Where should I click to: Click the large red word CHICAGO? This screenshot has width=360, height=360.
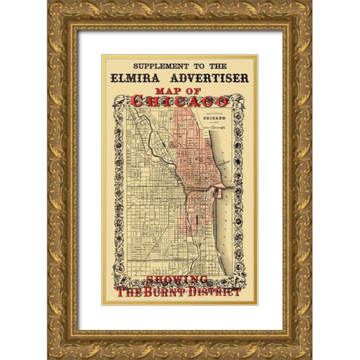(179, 101)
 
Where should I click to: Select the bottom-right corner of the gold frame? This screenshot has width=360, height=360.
(308, 355)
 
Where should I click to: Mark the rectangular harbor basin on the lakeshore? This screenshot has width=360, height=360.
(217, 192)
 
